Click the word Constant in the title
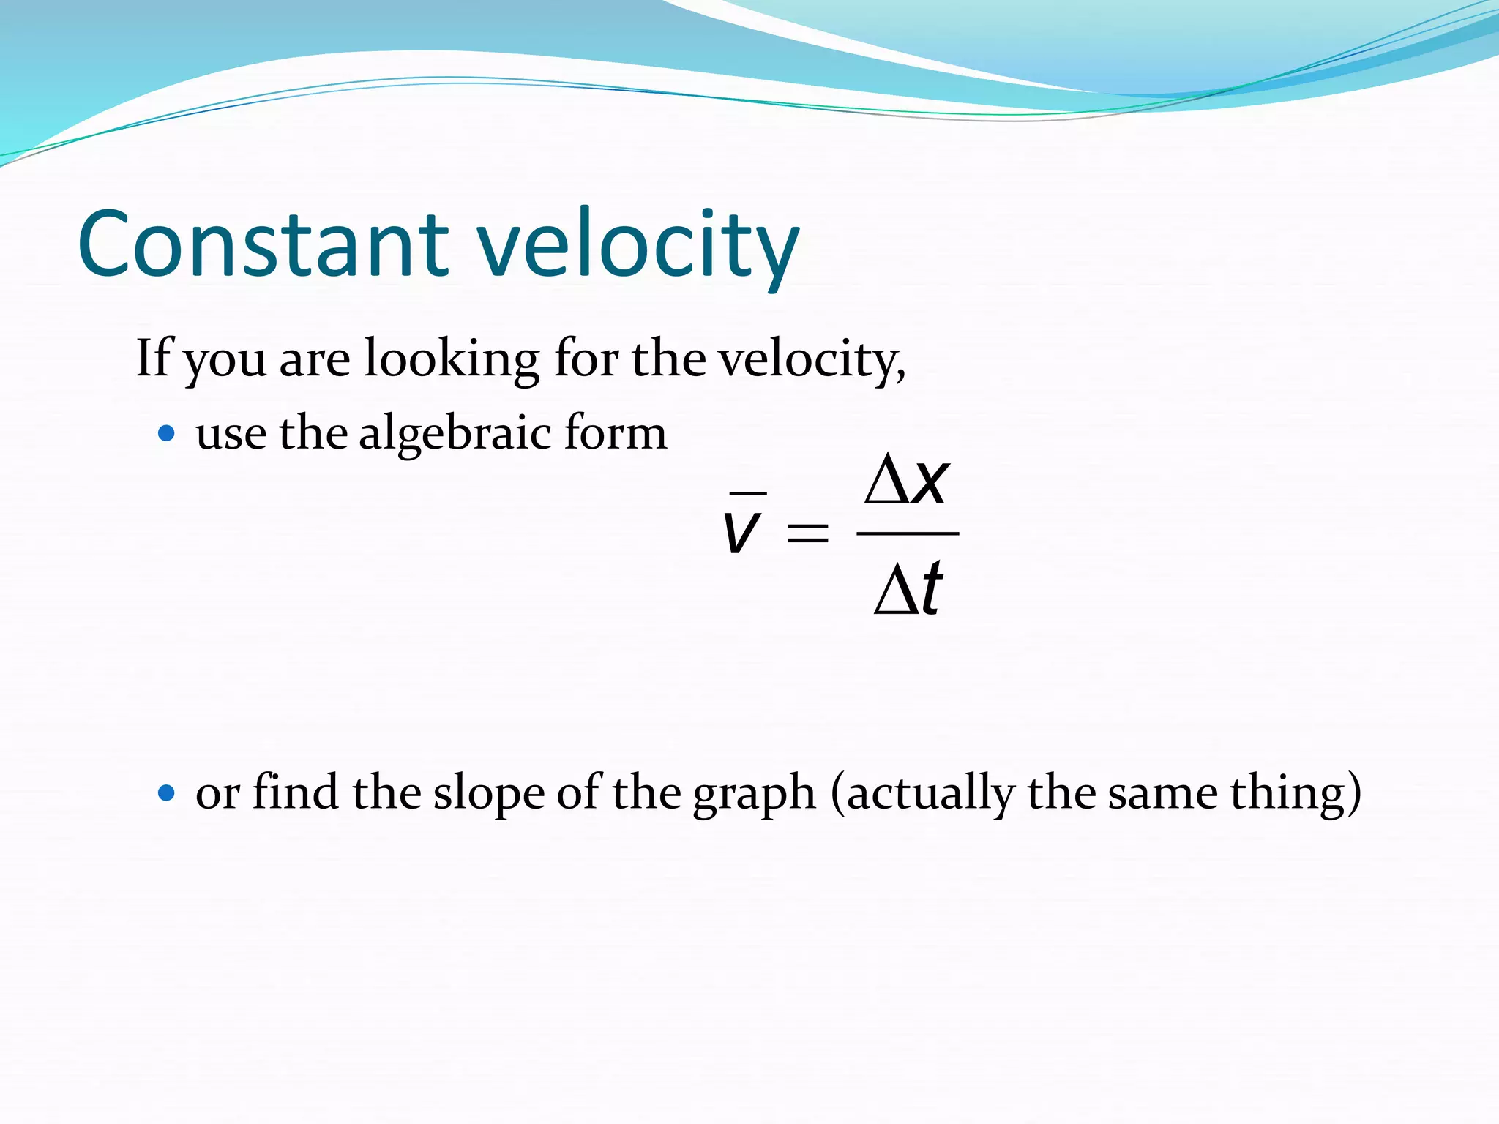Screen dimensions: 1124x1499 click(262, 244)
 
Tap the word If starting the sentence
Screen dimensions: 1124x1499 click(153, 358)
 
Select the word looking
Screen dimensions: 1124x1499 click(452, 359)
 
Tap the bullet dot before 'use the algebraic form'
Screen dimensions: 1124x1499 click(167, 434)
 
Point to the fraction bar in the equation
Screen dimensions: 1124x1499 click(908, 533)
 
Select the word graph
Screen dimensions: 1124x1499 click(754, 793)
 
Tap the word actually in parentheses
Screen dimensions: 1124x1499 click(927, 793)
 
